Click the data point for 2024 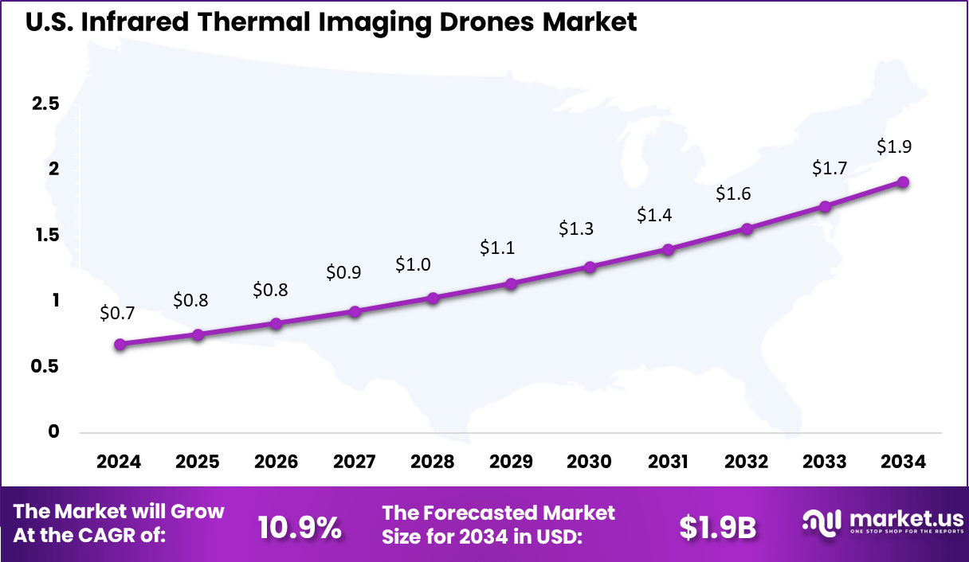tap(120, 345)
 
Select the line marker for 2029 tap(512, 283)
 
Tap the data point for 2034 tap(903, 182)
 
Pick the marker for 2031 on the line tap(668, 249)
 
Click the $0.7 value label tap(118, 314)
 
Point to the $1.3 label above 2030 tap(576, 229)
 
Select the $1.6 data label tap(733, 193)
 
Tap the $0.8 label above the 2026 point tap(270, 290)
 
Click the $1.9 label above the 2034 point tap(894, 146)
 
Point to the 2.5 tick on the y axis tap(45, 104)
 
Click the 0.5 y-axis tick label tap(45, 366)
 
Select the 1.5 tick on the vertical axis tap(45, 236)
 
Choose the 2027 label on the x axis tap(354, 462)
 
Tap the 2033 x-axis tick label tap(825, 462)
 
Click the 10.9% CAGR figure tap(300, 526)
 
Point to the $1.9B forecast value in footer tap(717, 526)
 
